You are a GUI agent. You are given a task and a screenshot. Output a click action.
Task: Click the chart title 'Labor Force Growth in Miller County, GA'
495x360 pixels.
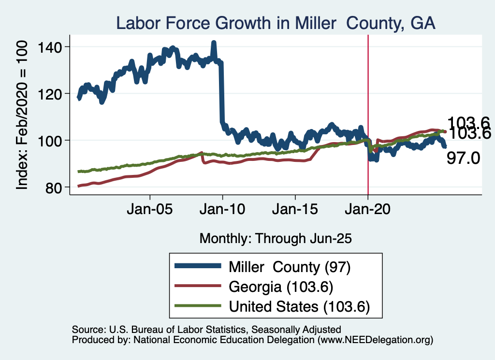(275, 23)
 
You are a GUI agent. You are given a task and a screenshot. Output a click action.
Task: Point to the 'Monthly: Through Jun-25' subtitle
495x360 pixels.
(275, 238)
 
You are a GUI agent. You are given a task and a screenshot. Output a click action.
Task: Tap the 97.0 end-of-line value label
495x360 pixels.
(463, 158)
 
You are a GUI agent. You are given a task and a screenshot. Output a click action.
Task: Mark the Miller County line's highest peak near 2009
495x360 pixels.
(214, 43)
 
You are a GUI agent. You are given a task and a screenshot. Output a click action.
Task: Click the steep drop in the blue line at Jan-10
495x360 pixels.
(221, 92)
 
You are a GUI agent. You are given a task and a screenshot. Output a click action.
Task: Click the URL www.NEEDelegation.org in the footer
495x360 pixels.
(375, 340)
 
